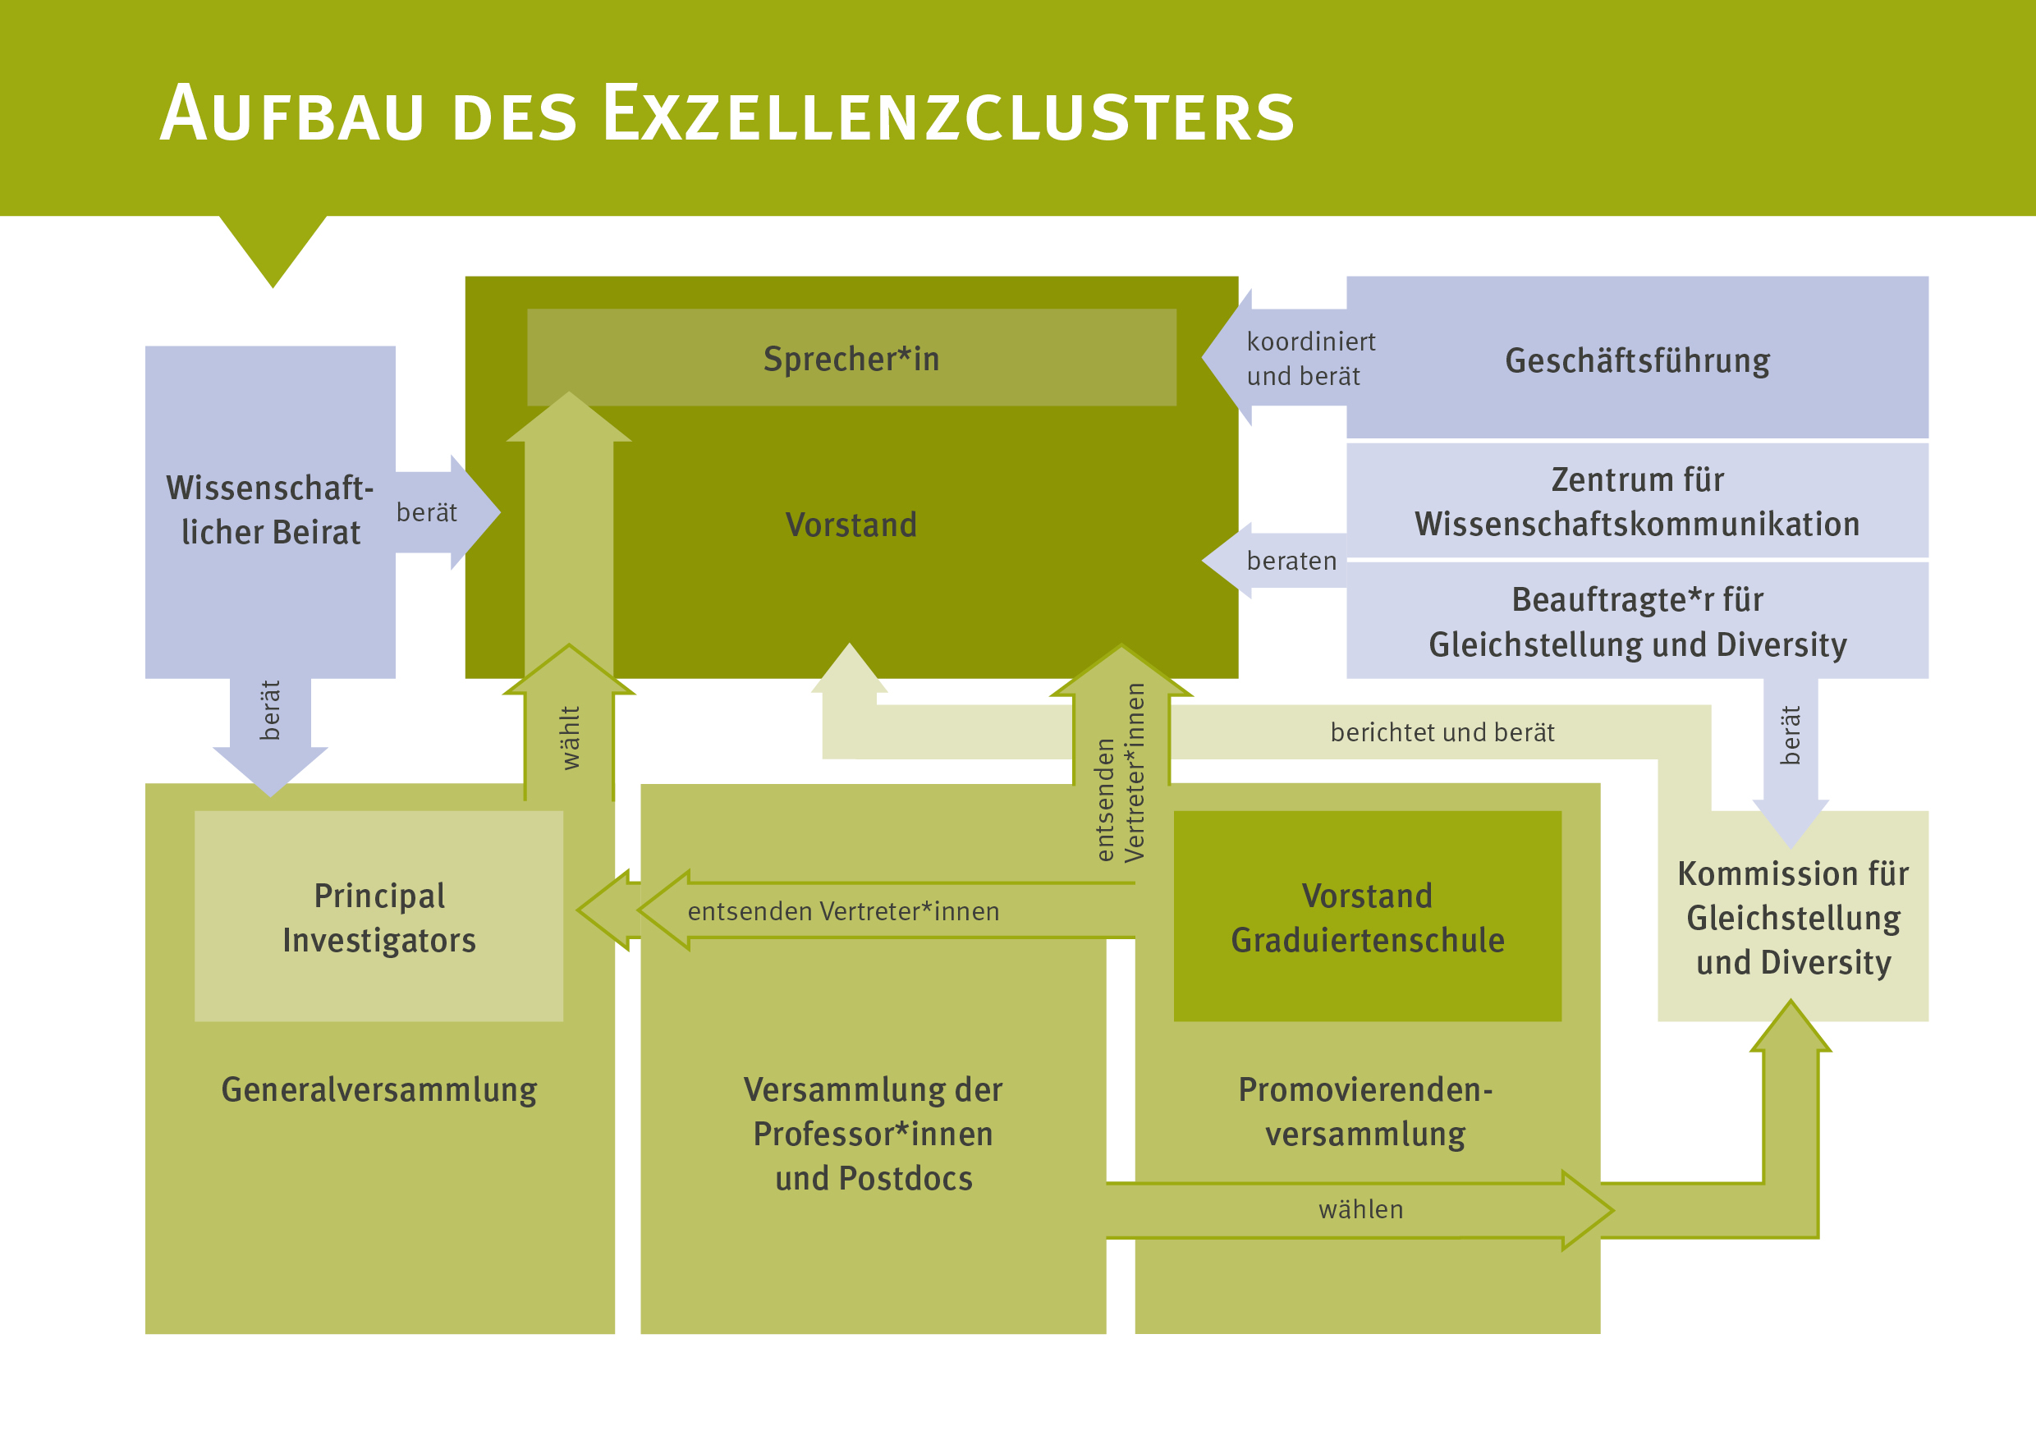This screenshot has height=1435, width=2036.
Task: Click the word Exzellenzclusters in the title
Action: [x=949, y=114]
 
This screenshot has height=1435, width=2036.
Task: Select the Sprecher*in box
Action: [x=851, y=358]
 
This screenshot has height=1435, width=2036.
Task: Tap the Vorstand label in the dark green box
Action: [x=851, y=525]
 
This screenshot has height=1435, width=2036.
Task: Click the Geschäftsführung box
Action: [x=1637, y=360]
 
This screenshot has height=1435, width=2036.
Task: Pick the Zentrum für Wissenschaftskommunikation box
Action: [x=1637, y=502]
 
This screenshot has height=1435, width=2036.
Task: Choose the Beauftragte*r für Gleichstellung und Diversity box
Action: [x=1637, y=621]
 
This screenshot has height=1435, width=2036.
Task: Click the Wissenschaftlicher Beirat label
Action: [x=270, y=510]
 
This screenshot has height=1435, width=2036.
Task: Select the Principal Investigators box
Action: [x=378, y=917]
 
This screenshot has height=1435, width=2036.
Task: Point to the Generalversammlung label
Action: [x=378, y=1089]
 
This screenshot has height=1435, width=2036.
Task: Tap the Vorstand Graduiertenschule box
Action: [x=1368, y=917]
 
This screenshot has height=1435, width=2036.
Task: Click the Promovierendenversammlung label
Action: [x=1365, y=1112]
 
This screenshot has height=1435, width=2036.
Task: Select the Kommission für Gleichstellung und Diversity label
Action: [x=1793, y=918]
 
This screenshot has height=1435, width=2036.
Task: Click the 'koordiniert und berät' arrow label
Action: [x=1309, y=358]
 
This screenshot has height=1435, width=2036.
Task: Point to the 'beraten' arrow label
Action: [x=1291, y=561]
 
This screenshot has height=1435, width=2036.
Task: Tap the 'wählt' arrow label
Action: [x=571, y=737]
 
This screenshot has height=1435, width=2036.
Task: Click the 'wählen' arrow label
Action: [x=1360, y=1210]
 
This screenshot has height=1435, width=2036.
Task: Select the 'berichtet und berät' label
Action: [x=1442, y=732]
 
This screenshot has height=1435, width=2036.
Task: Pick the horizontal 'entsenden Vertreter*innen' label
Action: [x=843, y=911]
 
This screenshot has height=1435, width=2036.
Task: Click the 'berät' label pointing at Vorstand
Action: [x=427, y=512]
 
